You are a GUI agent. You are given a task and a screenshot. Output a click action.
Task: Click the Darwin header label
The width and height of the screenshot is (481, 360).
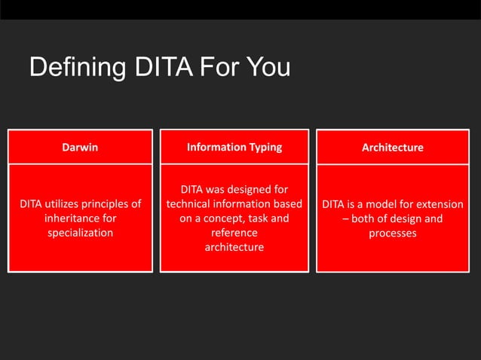click(80, 148)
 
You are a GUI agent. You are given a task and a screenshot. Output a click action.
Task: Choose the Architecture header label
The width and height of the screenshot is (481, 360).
click(392, 148)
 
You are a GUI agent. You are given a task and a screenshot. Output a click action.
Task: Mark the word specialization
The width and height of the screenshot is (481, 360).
click(80, 233)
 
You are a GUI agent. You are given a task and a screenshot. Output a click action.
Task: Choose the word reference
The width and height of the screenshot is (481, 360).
click(234, 233)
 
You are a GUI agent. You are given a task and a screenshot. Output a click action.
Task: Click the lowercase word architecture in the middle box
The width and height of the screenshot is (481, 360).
click(234, 247)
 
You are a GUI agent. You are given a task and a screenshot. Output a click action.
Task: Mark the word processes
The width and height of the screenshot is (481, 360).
click(392, 233)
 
